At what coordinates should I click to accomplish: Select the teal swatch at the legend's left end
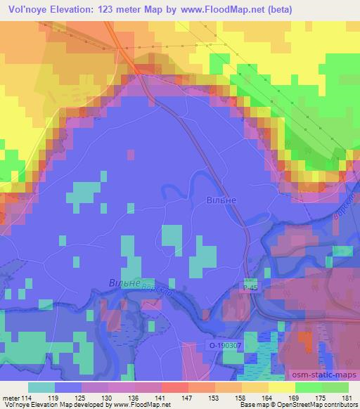41,387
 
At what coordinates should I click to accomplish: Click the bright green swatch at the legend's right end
335,387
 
